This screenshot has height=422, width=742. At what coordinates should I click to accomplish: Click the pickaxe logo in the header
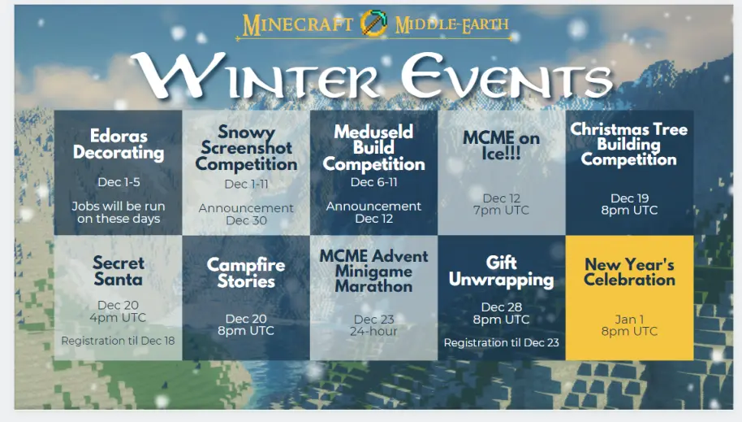[373, 23]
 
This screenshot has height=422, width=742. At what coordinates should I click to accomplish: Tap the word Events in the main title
[507, 75]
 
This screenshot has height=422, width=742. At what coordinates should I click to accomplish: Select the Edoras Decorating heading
[119, 144]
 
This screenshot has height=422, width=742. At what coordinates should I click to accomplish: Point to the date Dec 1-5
[119, 182]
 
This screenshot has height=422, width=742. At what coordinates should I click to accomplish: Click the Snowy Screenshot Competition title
[246, 148]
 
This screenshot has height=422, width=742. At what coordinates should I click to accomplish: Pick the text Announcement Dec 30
[246, 215]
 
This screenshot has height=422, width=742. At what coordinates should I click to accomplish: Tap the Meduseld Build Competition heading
[373, 148]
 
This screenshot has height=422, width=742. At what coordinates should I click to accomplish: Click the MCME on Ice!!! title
[501, 146]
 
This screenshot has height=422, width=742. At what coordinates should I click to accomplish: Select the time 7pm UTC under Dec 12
[501, 210]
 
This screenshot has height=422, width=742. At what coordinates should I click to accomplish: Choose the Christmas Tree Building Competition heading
[629, 144]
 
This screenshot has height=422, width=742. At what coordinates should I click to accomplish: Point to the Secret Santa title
[119, 272]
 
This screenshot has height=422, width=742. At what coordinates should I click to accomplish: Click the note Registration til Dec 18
[118, 341]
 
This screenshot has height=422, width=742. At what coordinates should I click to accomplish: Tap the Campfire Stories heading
[246, 273]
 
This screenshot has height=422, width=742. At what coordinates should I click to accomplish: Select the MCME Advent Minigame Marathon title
[373, 272]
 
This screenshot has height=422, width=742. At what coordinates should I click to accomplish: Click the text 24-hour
[373, 331]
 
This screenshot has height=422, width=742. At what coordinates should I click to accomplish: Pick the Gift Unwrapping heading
[501, 272]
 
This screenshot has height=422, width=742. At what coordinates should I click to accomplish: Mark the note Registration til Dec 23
[501, 342]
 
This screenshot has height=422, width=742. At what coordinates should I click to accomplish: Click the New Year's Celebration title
[629, 272]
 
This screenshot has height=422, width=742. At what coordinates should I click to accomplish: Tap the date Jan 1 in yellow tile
[629, 319]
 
